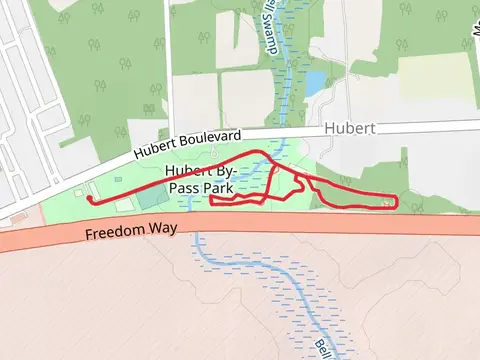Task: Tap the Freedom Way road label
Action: click(x=131, y=230)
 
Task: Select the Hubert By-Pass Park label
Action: click(x=205, y=177)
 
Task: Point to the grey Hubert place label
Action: click(x=350, y=129)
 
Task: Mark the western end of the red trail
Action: click(x=89, y=199)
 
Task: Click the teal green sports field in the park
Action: click(x=153, y=197)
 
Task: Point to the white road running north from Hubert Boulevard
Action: click(x=168, y=70)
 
